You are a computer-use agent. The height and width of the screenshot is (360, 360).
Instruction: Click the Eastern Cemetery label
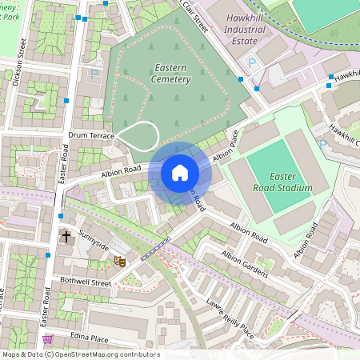pos(170,74)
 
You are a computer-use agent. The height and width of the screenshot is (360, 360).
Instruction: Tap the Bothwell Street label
pos(85,282)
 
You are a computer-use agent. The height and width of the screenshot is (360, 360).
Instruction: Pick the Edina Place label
pos(88,338)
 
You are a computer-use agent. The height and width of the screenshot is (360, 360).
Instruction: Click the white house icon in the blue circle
pos(180,172)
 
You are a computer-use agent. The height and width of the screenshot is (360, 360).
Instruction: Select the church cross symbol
pos(66,238)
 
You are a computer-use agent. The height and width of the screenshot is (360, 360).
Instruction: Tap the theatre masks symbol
pos(120,261)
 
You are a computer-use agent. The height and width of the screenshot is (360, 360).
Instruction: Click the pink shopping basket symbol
pos(47,339)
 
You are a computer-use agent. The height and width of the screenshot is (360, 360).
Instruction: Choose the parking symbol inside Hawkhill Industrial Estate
pos(253,62)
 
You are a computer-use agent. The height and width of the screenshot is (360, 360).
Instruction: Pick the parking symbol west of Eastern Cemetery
pos(94,74)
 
